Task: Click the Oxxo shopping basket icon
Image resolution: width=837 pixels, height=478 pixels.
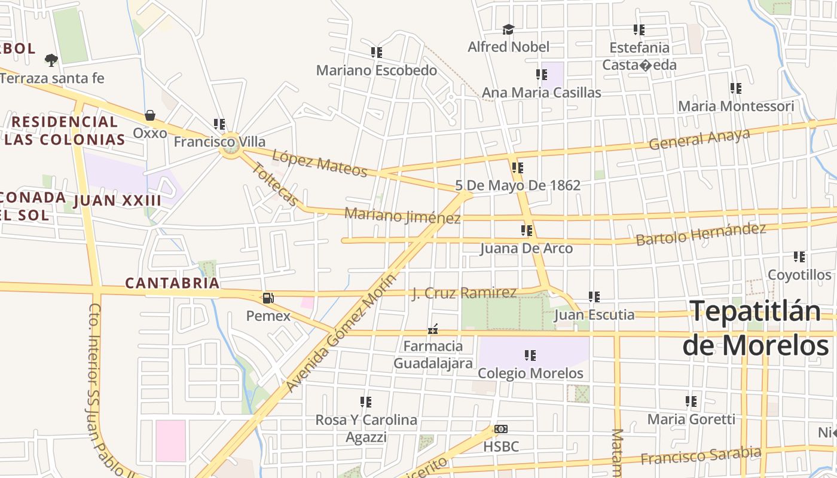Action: [149, 115]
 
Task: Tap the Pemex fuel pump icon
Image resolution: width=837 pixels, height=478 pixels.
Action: [268, 298]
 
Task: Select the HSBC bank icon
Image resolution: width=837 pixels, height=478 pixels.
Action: [501, 429]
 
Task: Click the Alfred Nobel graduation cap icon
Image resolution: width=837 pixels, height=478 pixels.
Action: [508, 29]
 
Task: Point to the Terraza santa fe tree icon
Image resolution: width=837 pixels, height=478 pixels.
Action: [51, 60]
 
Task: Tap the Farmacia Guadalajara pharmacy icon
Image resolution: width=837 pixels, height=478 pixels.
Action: [433, 329]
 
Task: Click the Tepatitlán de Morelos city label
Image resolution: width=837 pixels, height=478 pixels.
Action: [756, 328]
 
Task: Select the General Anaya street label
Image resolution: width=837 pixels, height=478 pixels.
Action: [699, 139]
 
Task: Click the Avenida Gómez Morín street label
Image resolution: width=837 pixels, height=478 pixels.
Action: [341, 333]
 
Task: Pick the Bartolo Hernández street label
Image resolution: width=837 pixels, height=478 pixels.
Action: [701, 234]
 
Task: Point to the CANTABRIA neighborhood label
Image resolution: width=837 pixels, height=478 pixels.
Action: [172, 283]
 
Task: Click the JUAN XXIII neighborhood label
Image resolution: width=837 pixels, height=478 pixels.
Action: [117, 201]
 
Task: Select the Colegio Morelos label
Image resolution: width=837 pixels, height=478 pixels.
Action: [530, 373]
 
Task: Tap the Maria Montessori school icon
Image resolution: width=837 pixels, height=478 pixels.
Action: [735, 88]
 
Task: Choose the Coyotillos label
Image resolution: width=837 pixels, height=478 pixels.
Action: [799, 275]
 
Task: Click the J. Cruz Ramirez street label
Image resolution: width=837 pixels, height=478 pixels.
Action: [464, 293]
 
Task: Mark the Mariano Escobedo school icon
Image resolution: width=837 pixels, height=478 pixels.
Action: [376, 53]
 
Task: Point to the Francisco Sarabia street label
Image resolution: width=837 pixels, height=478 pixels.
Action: [701, 455]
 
